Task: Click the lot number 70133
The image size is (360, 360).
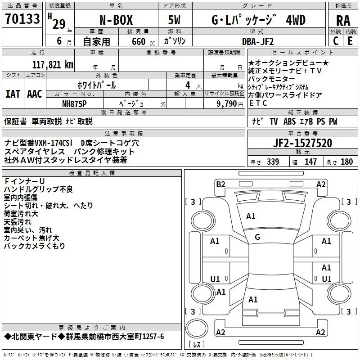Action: coord(22,19)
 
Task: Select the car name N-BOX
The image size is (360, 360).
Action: coord(116,20)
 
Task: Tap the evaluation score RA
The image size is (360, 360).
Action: coord(343,21)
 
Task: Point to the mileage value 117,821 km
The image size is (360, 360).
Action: coord(53,65)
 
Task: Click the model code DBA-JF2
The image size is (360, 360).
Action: coord(258,41)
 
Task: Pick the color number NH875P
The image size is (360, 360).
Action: coord(74,104)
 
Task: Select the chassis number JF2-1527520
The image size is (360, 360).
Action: coord(302,143)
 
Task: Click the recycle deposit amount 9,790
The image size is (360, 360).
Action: coord(227,104)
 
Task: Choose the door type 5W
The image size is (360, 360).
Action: coord(174,20)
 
